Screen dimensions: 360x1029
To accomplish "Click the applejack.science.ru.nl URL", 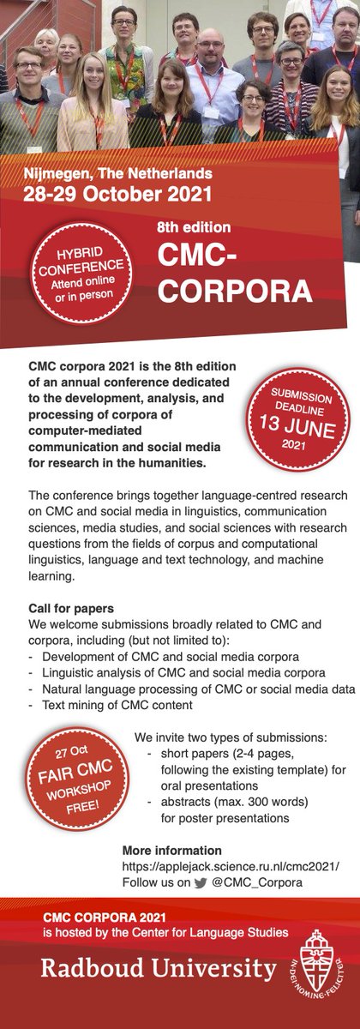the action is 219,865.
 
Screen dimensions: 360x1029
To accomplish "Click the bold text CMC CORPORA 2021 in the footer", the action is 102,918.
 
